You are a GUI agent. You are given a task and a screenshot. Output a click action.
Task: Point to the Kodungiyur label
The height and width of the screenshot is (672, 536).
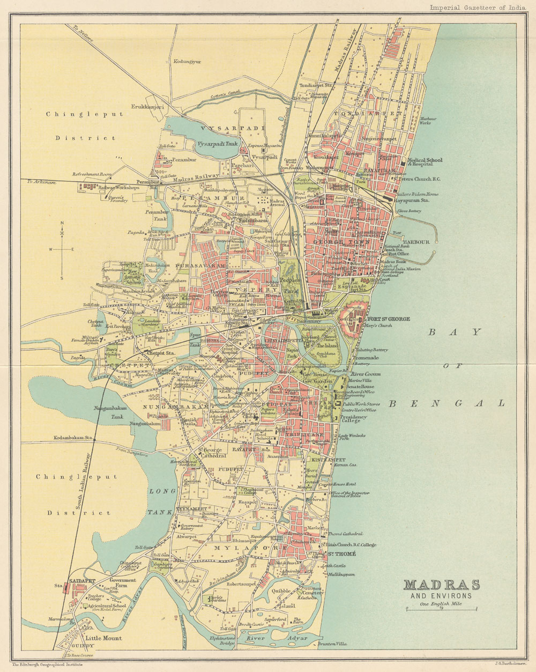[x=187, y=62]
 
